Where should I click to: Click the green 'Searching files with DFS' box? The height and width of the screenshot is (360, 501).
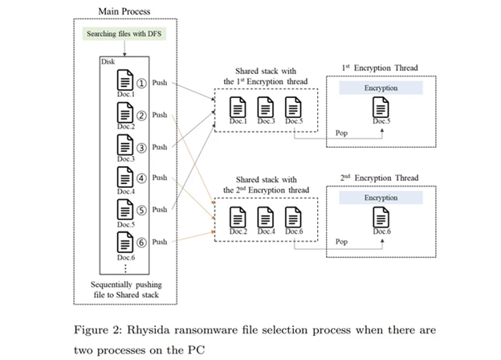tap(124, 33)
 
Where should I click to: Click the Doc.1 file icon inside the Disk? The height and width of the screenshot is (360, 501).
tap(125, 80)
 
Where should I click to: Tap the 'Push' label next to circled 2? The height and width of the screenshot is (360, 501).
tap(160, 115)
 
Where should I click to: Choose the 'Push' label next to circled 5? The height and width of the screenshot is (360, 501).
tap(160, 210)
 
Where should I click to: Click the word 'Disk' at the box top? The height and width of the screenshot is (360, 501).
tap(108, 61)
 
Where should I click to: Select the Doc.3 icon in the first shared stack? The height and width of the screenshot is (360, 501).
tap(265, 108)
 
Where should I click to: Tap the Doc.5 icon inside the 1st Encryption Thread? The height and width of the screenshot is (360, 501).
tap(382, 108)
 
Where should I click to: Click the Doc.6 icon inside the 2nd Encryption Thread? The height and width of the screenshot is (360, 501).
tap(382, 218)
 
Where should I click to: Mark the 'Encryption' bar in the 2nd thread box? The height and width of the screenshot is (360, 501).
tap(382, 198)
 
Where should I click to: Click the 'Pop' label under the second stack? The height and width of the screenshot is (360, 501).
tap(341, 240)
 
